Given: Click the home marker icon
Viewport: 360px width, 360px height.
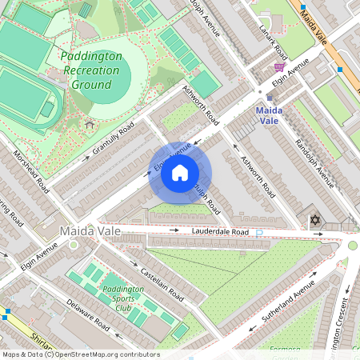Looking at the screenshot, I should coord(180,173).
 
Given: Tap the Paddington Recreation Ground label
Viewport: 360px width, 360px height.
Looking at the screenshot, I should coord(91,70).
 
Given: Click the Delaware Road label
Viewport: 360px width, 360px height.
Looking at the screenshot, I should coord(88,314).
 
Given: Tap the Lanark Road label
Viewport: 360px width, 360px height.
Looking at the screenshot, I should coord(273,40).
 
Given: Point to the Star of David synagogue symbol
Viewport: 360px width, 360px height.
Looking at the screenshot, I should coord(314,219).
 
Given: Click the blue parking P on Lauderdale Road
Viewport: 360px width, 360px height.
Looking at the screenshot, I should coord(258,233).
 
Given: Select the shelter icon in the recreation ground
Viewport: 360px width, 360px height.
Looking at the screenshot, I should coord(89,124).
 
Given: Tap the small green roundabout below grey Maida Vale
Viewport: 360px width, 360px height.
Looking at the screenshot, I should coord(73,244).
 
